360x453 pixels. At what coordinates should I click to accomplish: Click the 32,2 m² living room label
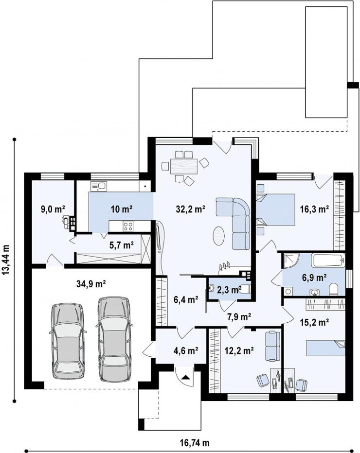point(191,209)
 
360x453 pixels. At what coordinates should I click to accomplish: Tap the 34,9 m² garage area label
point(91,284)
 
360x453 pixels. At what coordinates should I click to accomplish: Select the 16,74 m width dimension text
point(195,443)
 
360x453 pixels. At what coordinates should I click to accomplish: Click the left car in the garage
point(68,340)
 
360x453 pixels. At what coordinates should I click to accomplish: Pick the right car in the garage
point(114,339)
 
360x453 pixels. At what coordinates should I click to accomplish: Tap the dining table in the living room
point(183,166)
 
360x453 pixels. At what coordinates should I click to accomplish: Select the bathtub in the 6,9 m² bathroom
point(328,261)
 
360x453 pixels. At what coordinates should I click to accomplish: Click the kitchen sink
point(99,186)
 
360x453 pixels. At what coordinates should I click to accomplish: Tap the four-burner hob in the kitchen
point(128,226)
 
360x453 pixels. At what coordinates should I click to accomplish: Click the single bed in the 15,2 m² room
point(325,348)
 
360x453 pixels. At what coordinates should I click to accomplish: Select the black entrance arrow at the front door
point(185,377)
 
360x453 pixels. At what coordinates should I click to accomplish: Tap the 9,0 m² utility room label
point(53,209)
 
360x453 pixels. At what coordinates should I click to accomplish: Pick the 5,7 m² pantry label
point(122,245)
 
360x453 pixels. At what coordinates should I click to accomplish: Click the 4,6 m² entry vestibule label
point(186,351)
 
